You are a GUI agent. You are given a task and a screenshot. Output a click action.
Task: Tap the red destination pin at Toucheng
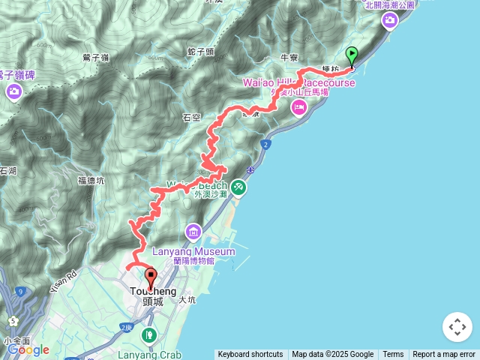150,278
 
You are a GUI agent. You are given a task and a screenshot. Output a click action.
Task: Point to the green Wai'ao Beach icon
238,186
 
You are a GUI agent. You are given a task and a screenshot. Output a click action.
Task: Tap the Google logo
28,349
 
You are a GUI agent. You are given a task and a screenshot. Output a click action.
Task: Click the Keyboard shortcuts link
250,355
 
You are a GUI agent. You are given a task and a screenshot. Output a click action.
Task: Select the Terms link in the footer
393,355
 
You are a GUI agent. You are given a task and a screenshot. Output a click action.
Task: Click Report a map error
444,355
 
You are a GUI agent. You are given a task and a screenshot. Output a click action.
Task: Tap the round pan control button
457,327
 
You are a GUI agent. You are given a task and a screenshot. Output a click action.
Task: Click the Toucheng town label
153,291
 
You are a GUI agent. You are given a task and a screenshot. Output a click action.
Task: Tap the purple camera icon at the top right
390,21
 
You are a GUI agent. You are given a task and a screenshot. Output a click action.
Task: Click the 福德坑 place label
91,181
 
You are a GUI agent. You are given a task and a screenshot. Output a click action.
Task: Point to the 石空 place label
191,118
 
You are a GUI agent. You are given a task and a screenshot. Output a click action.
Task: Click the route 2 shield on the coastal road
265,142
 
